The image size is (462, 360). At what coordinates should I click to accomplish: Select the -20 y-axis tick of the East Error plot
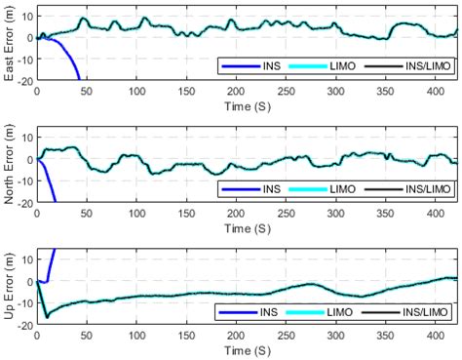tap(24, 80)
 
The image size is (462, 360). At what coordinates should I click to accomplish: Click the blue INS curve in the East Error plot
tap(68, 59)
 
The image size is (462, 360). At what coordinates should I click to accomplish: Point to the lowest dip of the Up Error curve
tap(46, 317)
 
